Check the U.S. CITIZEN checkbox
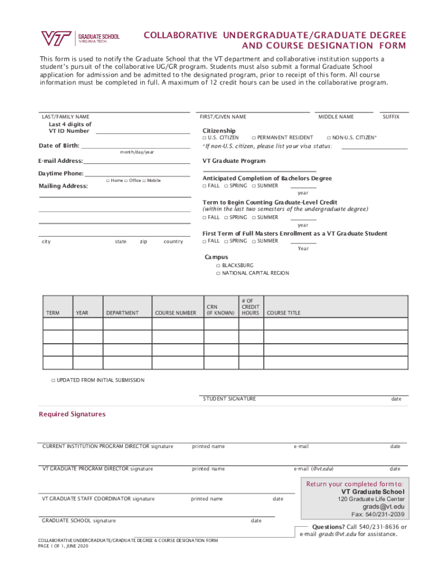click(x=205, y=137)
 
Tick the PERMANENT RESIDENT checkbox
click(x=254, y=137)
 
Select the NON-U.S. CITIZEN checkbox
click(x=329, y=137)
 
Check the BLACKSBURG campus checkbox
click(x=218, y=265)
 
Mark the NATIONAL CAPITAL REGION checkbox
click(x=218, y=273)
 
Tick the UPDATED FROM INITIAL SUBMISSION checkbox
click(x=53, y=380)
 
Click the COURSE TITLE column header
click(x=284, y=313)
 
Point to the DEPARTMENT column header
click(x=122, y=313)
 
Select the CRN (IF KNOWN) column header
click(x=220, y=310)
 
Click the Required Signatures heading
click(x=72, y=414)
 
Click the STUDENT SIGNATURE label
click(x=229, y=399)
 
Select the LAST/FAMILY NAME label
click(x=65, y=117)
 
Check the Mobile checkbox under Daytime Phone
click(x=145, y=181)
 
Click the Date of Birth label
click(x=59, y=146)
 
